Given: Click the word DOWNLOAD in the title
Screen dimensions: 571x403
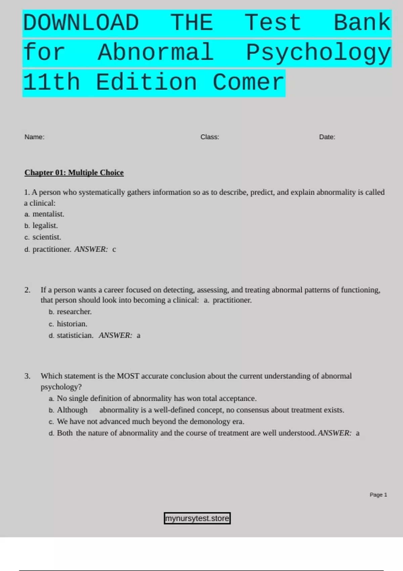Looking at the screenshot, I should (81, 23).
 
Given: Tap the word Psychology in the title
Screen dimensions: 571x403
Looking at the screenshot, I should (318, 53).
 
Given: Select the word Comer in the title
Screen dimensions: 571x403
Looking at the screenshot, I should (249, 83).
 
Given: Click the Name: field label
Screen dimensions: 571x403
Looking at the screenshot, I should (34, 137).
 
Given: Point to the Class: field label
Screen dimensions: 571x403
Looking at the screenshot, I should (210, 137).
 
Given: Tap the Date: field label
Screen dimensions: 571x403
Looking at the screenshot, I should (327, 137).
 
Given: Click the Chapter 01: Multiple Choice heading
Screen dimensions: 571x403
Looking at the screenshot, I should (74, 173).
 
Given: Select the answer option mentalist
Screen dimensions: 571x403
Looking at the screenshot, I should (48, 214).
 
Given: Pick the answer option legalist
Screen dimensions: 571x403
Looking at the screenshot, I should (45, 226).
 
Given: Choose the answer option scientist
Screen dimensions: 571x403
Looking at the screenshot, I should (47, 237).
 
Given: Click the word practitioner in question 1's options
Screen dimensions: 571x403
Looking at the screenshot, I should (51, 249).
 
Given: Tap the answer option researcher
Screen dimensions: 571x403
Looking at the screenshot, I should (74, 312).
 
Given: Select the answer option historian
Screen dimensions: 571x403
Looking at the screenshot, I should (72, 324).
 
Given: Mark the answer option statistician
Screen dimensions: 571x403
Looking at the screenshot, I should (75, 335).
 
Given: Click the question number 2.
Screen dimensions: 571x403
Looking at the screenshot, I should (27, 290).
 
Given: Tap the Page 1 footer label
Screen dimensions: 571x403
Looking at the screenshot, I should (378, 495).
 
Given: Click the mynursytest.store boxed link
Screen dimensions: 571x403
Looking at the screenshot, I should (197, 518).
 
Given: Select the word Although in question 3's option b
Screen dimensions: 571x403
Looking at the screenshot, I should (72, 410).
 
